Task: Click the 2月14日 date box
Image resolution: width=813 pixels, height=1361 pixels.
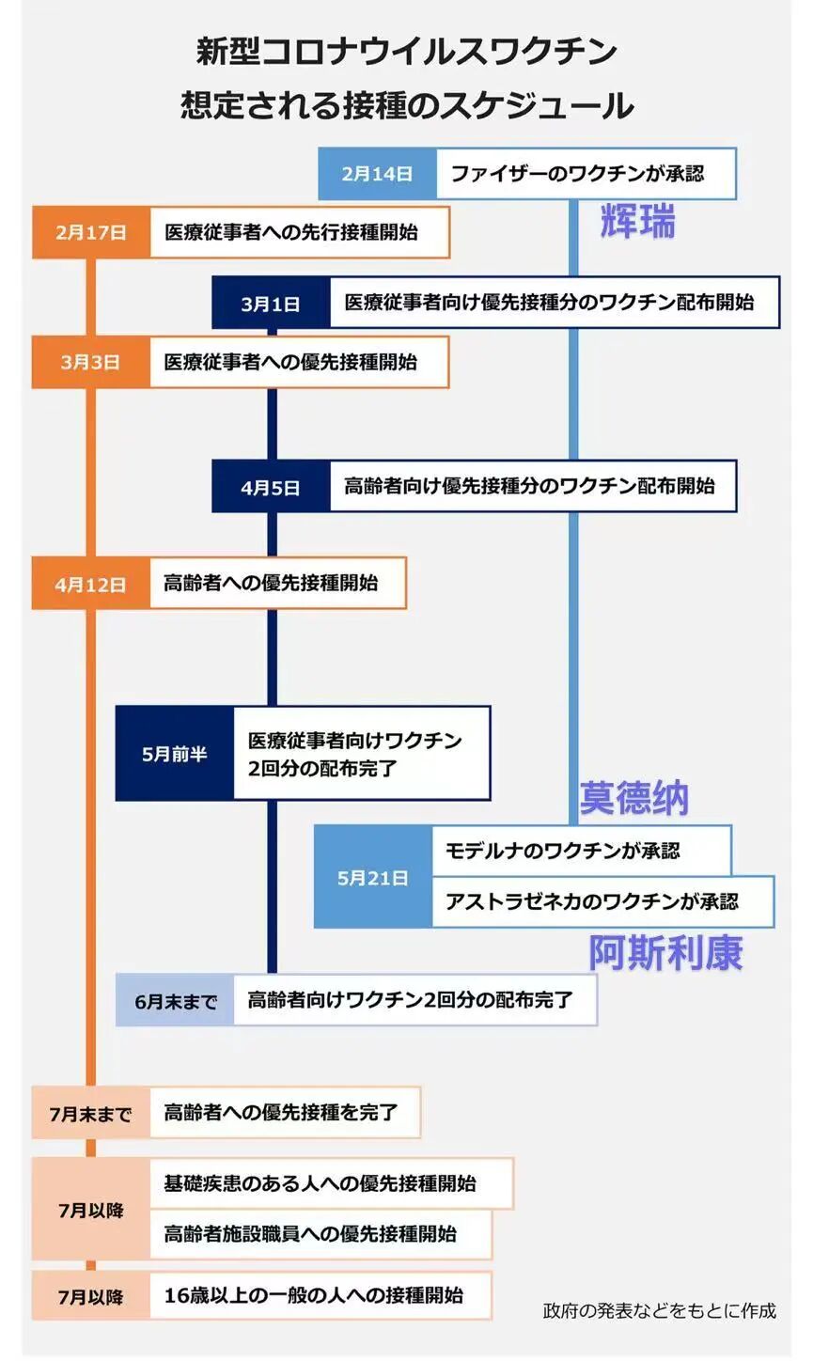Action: [x=377, y=174]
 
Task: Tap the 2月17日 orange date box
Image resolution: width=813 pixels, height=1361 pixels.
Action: [x=91, y=232]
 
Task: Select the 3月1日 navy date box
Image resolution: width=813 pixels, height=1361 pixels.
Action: [x=271, y=304]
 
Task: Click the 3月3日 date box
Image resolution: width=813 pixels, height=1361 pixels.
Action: [x=91, y=362]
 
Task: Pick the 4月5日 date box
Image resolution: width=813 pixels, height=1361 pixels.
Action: [x=271, y=487]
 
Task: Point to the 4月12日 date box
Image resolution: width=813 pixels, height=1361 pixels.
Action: [x=91, y=584]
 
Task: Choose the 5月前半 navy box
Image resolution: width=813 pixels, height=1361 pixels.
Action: [x=175, y=754]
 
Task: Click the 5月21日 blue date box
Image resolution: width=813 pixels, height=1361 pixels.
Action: [x=373, y=877]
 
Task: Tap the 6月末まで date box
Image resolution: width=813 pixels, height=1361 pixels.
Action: [x=176, y=1001]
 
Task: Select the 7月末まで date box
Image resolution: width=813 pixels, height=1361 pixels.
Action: [x=91, y=1114]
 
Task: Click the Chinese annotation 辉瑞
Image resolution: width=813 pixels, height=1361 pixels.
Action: [x=638, y=223]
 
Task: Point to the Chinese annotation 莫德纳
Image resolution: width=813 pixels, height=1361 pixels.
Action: [x=634, y=798]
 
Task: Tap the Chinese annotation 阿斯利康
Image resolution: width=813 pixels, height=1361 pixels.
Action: [x=666, y=952]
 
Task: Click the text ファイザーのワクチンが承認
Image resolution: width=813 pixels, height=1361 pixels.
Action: [x=577, y=174]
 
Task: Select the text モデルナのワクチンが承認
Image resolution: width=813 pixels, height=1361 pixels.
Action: [x=562, y=851]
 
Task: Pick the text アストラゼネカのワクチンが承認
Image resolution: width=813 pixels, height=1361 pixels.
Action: [x=592, y=901]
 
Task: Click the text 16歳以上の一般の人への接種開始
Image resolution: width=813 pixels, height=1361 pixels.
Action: [x=314, y=1295]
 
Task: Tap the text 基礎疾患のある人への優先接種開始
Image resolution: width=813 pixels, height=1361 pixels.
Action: [x=320, y=1183]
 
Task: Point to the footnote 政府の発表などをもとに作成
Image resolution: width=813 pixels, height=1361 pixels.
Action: [x=660, y=1310]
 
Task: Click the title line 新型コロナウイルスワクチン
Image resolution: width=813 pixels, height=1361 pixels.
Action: [x=406, y=51]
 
